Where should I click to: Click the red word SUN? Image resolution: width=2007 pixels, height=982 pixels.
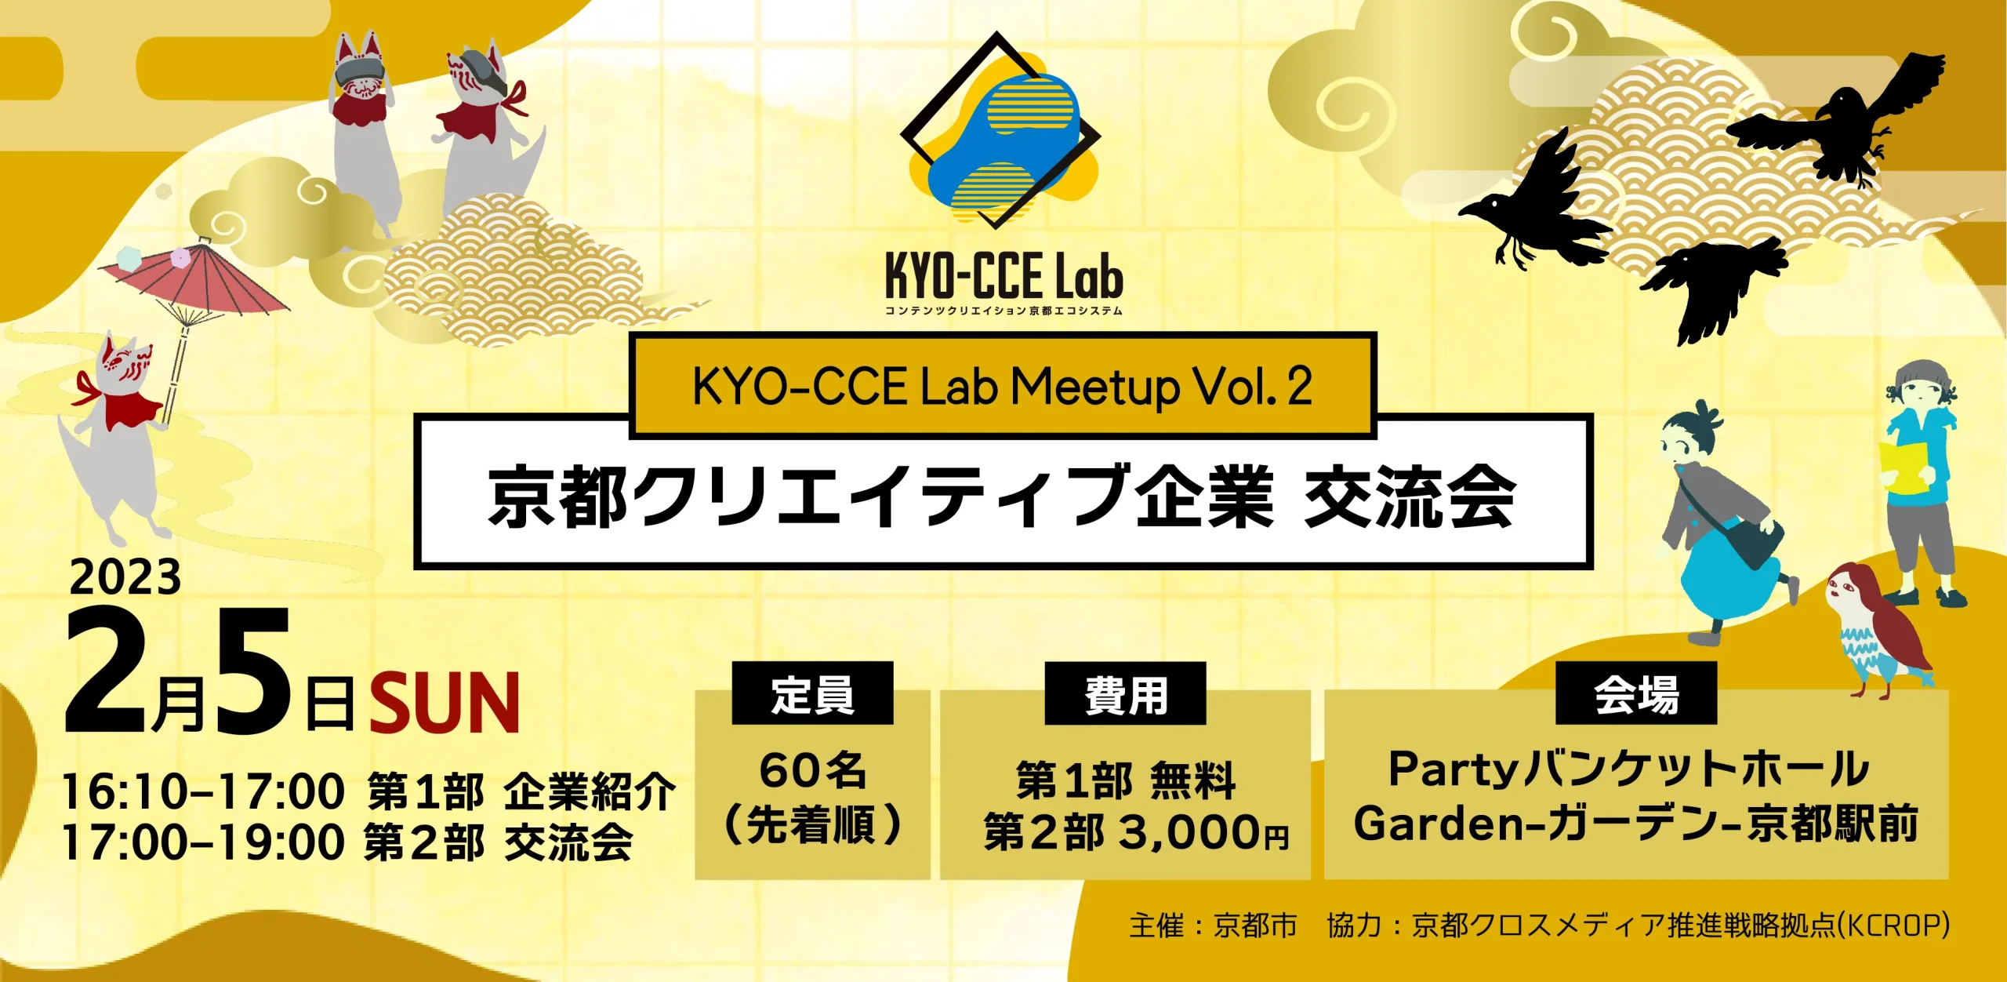coord(445,703)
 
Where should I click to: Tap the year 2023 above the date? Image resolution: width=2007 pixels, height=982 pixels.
coord(125,578)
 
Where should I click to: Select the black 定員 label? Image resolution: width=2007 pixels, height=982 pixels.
coord(812,693)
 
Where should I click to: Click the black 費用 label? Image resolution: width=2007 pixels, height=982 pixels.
coord(1125,693)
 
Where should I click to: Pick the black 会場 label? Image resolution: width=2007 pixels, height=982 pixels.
coord(1636,693)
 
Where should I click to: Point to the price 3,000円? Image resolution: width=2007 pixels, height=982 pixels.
coord(1203,832)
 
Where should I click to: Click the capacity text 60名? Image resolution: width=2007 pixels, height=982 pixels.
coord(812,770)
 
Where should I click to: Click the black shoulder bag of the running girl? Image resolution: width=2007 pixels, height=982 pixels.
coord(1756,541)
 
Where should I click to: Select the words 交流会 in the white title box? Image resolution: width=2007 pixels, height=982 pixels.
coord(1410,496)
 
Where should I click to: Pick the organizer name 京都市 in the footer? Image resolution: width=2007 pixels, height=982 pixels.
coord(1255,926)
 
